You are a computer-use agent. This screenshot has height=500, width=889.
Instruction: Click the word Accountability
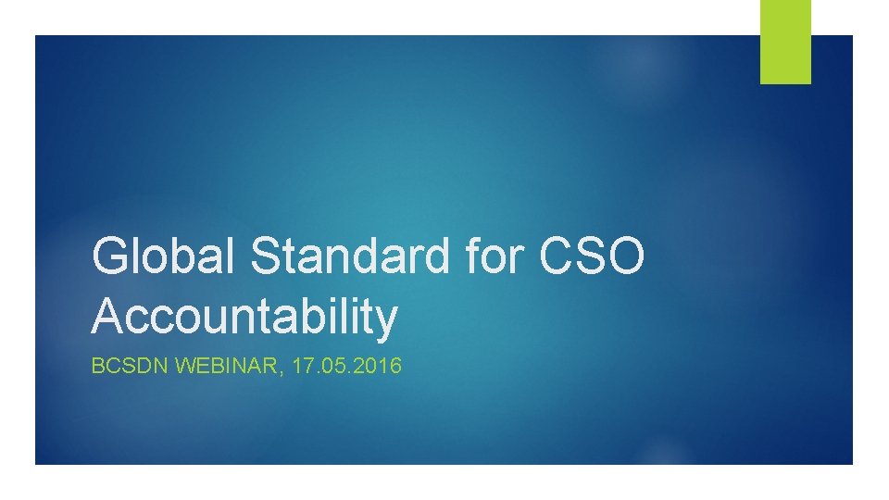(244, 317)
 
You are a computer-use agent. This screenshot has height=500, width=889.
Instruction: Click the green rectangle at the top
(785, 41)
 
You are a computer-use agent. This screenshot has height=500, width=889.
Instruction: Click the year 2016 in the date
(382, 367)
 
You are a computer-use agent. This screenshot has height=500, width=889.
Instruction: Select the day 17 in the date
(302, 367)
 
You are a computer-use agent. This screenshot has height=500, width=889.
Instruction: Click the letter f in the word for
(477, 256)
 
